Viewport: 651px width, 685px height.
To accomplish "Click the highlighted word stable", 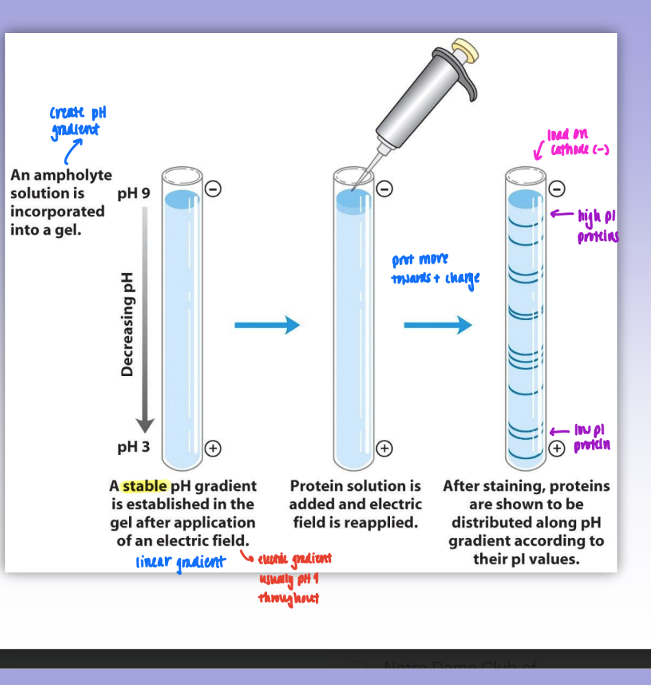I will pyautogui.click(x=144, y=486).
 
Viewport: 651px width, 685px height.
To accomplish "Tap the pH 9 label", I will pyautogui.click(x=133, y=194).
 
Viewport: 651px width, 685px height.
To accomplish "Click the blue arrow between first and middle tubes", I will pyautogui.click(x=267, y=326).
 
